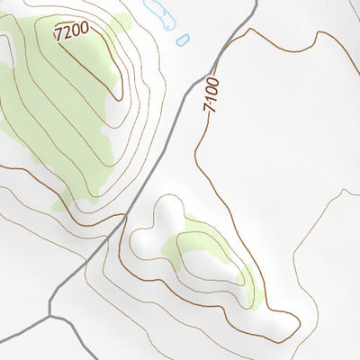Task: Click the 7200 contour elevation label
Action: tap(72, 31)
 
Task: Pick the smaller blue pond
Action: tap(183, 40)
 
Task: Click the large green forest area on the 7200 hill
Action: tap(45, 117)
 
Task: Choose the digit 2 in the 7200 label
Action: tap(68, 32)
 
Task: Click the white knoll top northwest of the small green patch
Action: tap(166, 211)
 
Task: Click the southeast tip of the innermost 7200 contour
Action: tap(118, 94)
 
